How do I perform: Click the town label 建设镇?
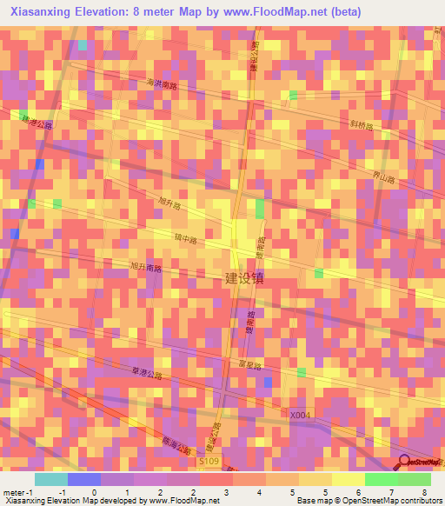point(244,278)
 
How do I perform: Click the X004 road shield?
point(300,415)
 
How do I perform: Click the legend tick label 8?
point(426,491)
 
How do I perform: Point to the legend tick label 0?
point(94,491)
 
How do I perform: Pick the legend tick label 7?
point(391,491)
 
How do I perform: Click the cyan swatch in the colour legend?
point(51,479)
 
